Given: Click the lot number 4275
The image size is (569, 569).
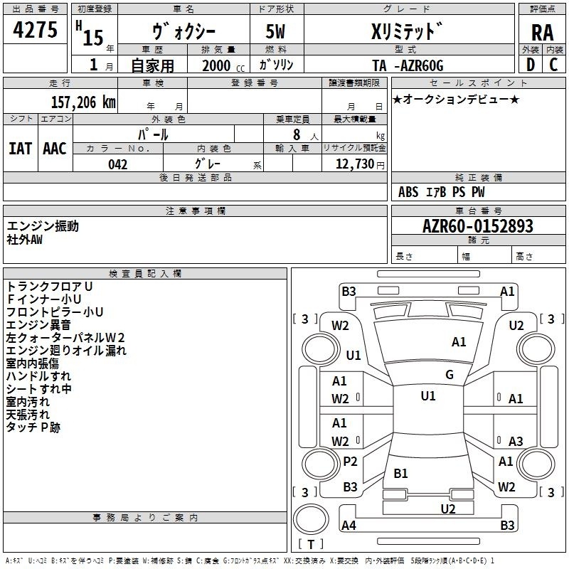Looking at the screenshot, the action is pyautogui.click(x=35, y=30).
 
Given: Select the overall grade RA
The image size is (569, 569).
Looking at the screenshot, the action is pyautogui.click(x=543, y=33).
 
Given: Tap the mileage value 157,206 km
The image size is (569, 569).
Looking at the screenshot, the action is pyautogui.click(x=83, y=102).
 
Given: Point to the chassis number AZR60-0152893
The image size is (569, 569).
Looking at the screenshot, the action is pyautogui.click(x=478, y=226).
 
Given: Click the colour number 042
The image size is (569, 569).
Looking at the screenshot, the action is pyautogui.click(x=118, y=164).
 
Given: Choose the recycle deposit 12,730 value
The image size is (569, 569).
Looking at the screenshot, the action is pyautogui.click(x=355, y=164).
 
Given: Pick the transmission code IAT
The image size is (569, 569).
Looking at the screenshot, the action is pyautogui.click(x=20, y=149).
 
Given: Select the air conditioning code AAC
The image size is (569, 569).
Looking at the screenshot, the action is pyautogui.click(x=55, y=149).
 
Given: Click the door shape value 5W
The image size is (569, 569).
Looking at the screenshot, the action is pyautogui.click(x=275, y=31).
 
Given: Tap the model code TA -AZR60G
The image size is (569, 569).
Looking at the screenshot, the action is pyautogui.click(x=408, y=65).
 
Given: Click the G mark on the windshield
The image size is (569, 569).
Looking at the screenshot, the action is pyautogui.click(x=450, y=374).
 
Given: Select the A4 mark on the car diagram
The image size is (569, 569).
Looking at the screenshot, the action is pyautogui.click(x=349, y=525).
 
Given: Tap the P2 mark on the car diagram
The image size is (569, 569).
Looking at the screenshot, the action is pyautogui.click(x=350, y=461).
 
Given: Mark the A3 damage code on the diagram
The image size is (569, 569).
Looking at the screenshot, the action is pyautogui.click(x=516, y=441).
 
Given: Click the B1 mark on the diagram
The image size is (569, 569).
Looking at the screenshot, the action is pyautogui.click(x=400, y=473).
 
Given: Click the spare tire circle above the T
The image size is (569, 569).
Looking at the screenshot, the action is pyautogui.click(x=311, y=519).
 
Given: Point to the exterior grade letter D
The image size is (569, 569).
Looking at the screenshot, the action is pyautogui.click(x=531, y=65).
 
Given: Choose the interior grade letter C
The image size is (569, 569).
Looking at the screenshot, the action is pyautogui.click(x=553, y=65).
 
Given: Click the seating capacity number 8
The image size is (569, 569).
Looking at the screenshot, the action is pyautogui.click(x=297, y=134).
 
